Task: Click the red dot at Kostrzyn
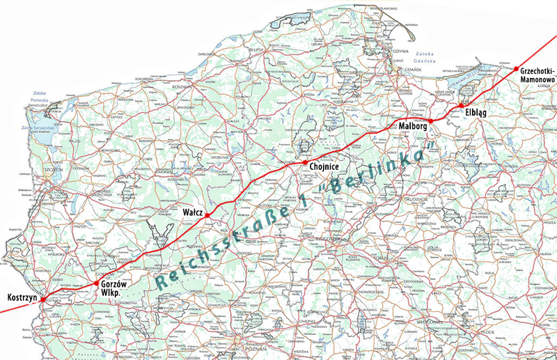(42, 299)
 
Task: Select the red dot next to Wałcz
(207, 215)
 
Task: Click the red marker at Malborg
(431, 120)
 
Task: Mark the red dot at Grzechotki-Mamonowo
(516, 69)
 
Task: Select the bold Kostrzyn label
(21, 297)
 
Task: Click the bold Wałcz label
(192, 210)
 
